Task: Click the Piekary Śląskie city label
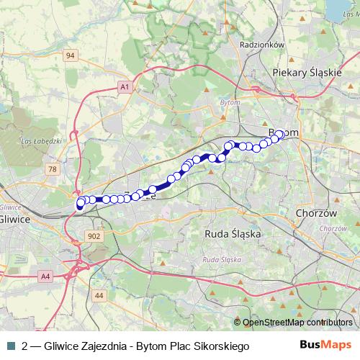coord(307,73)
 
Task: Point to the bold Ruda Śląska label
coord(231,234)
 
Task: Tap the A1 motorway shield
coord(125,86)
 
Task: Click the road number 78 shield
coord(51,168)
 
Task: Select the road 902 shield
coord(92,236)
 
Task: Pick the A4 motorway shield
coord(46,276)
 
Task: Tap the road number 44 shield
coord(99,295)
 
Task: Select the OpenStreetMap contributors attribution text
coord(297,323)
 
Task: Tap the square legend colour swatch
coord(10,346)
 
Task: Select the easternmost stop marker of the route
coord(281,134)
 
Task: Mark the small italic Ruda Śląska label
coord(220,258)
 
